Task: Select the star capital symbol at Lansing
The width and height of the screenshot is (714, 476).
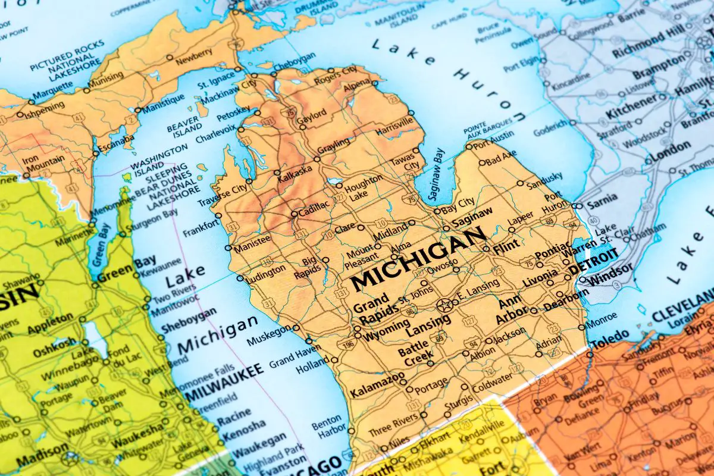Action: tap(444, 306)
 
